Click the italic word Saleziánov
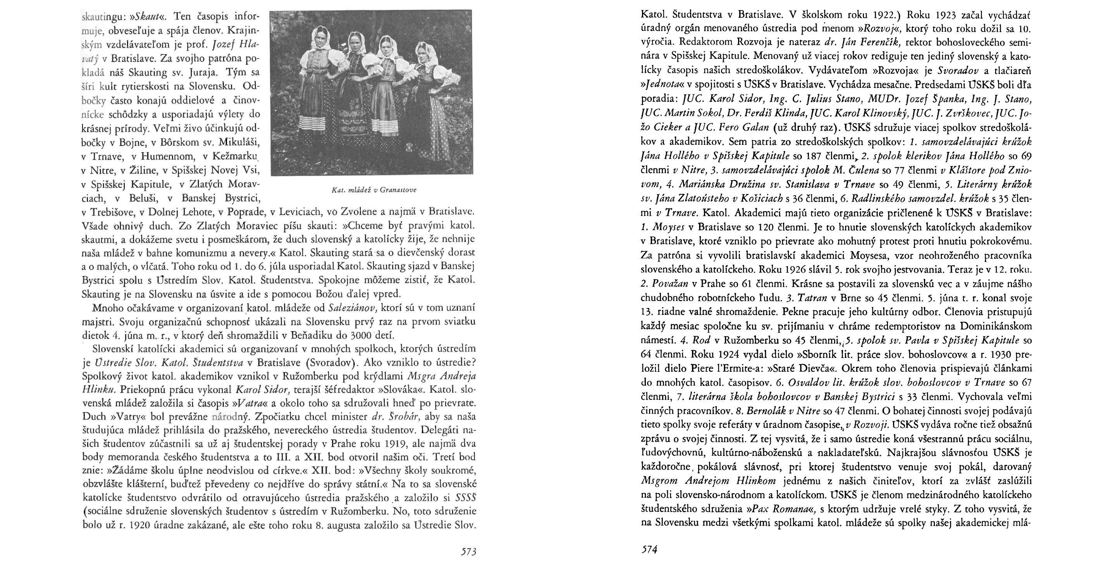pyautogui.click(x=351, y=308)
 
